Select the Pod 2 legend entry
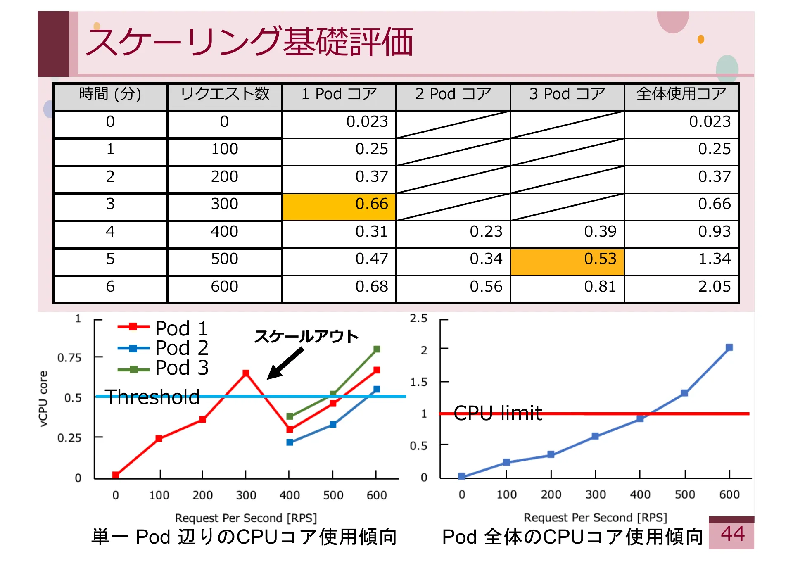pyautogui.click(x=163, y=348)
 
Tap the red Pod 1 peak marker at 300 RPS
pyautogui.click(x=246, y=373)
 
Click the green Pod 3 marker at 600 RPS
pyautogui.click(x=377, y=349)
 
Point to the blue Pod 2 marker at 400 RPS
pyautogui.click(x=290, y=442)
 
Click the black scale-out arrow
pyautogui.click(x=285, y=363)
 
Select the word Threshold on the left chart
pyautogui.click(x=152, y=397)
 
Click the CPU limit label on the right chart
pyautogui.click(x=498, y=413)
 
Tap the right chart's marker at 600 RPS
pyautogui.click(x=729, y=347)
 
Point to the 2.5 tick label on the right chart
pyautogui.click(x=418, y=319)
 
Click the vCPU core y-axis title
pyautogui.click(x=43, y=399)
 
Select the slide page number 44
pyautogui.click(x=733, y=534)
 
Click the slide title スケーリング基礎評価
pyautogui.click(x=250, y=42)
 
